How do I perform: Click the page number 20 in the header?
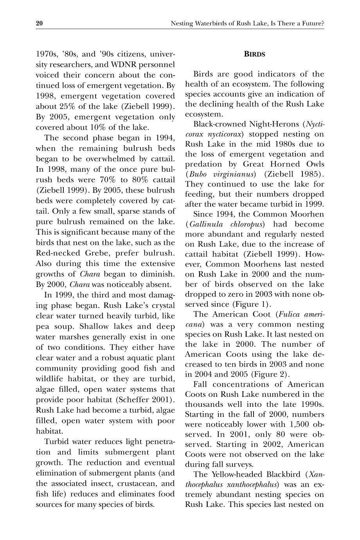[x=39, y=24]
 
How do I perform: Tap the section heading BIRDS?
[x=254, y=54]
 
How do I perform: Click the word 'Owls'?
[x=312, y=164]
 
